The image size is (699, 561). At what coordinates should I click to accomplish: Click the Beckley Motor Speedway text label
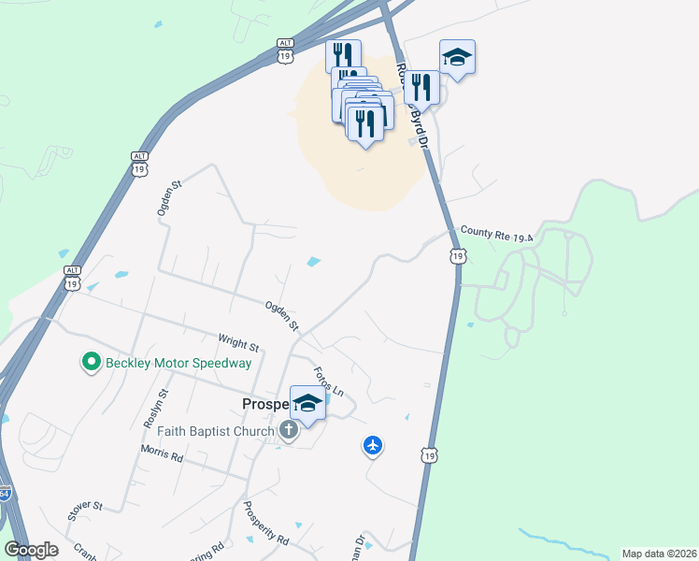(x=178, y=363)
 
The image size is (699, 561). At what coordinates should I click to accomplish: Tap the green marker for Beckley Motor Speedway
(x=92, y=362)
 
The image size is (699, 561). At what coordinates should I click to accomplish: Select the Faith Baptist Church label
(x=217, y=430)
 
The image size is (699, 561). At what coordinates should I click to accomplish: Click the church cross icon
(x=290, y=430)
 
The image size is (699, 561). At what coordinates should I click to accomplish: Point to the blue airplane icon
(x=373, y=446)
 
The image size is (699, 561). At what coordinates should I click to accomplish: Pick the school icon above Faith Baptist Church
(x=307, y=403)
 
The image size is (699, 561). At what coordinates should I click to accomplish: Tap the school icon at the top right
(x=457, y=57)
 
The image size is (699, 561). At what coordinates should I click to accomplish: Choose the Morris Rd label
(x=162, y=453)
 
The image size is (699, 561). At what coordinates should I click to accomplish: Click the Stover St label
(x=84, y=511)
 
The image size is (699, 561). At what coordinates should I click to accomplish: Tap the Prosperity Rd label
(x=265, y=525)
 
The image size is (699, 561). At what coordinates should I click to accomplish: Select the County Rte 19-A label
(x=495, y=234)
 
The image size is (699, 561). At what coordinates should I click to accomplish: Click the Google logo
(x=31, y=550)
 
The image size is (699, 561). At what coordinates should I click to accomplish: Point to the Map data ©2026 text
(x=658, y=554)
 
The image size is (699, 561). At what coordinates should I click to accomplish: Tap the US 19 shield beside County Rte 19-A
(x=457, y=255)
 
